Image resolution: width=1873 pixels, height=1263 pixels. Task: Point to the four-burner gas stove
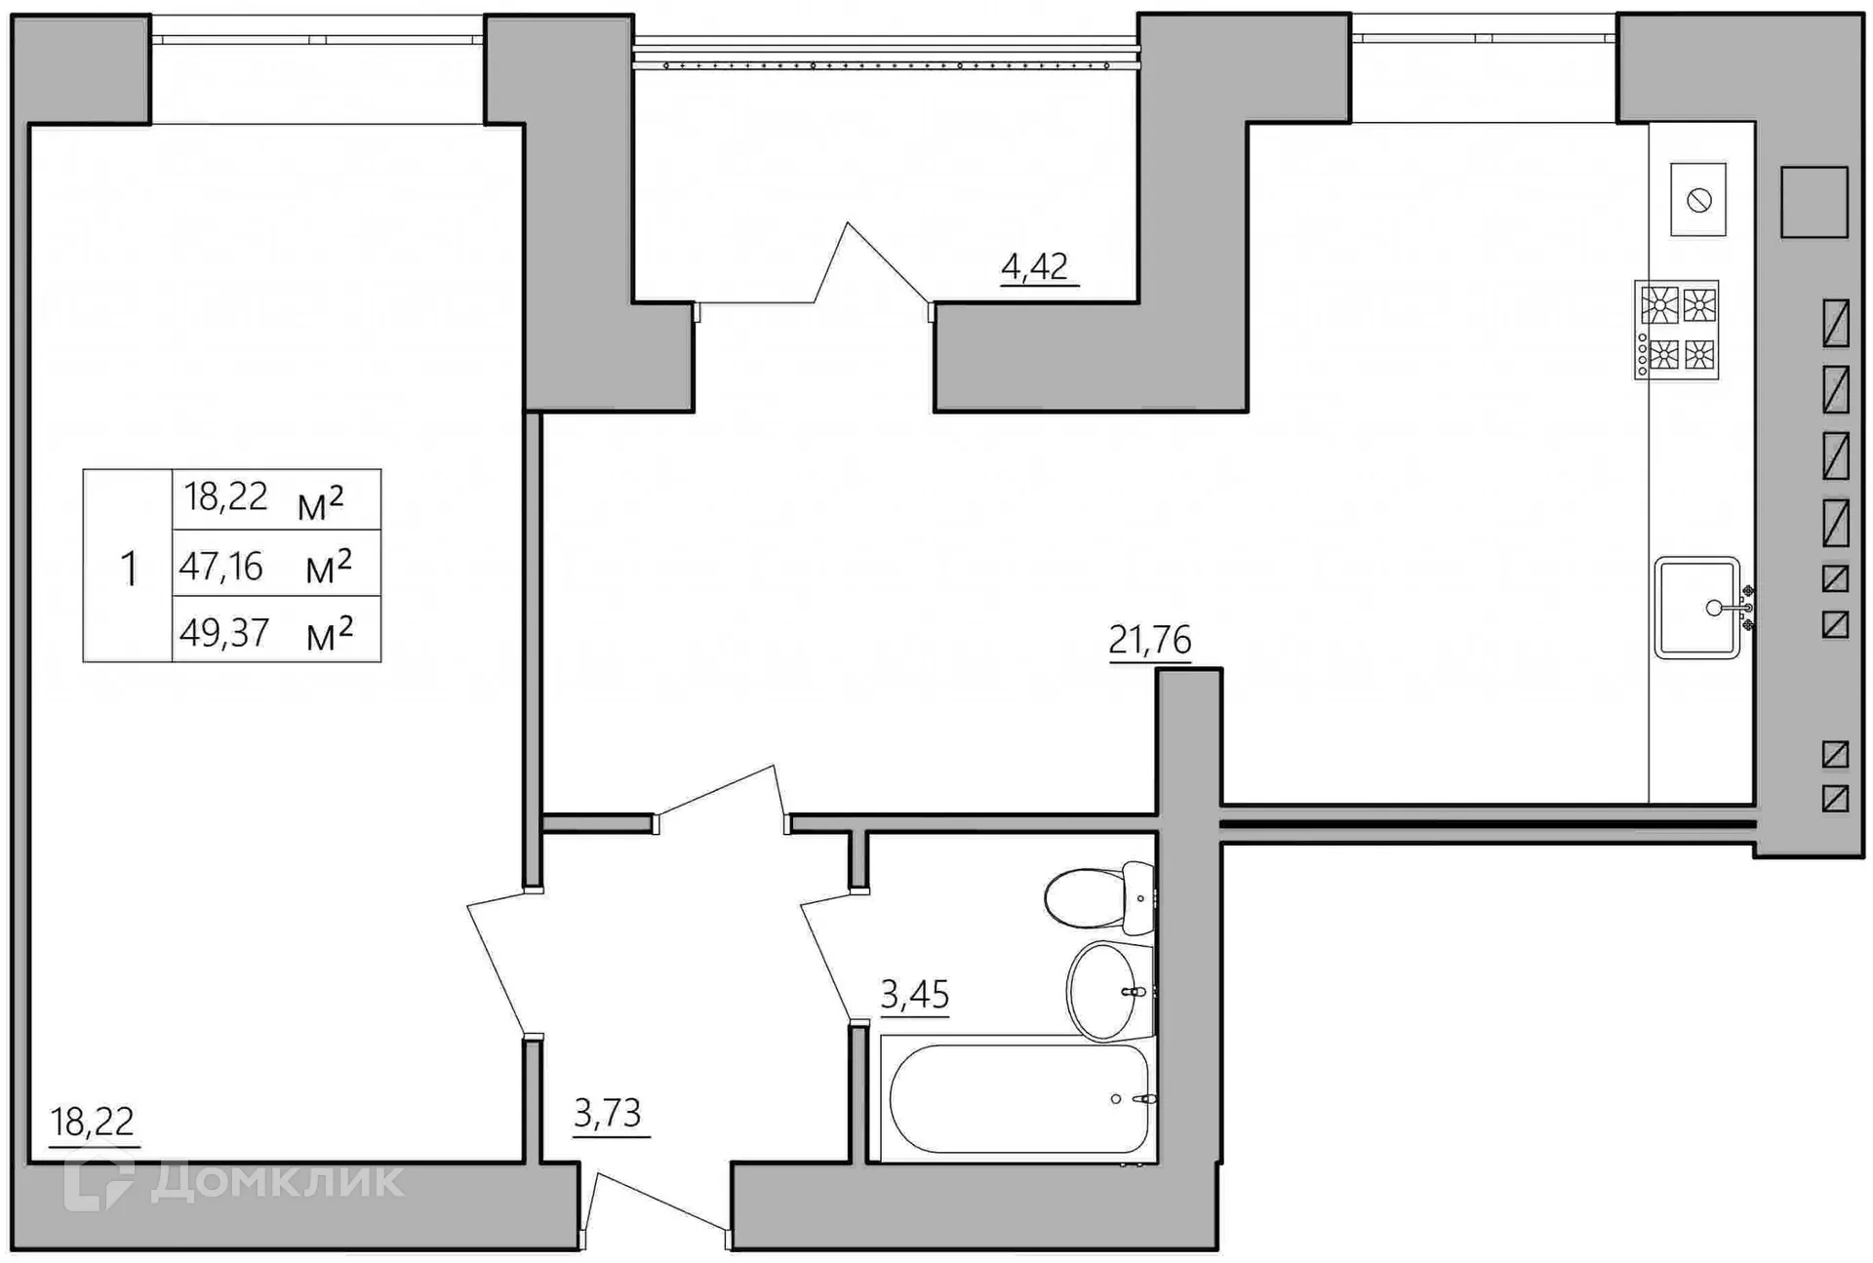pyautogui.click(x=1677, y=330)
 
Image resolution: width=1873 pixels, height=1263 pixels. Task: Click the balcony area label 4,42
pyautogui.click(x=1035, y=266)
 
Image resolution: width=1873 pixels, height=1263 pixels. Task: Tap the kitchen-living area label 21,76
pyautogui.click(x=1149, y=640)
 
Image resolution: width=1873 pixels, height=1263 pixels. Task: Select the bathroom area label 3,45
pyautogui.click(x=914, y=995)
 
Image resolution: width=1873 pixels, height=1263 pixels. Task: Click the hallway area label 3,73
pyautogui.click(x=607, y=1113)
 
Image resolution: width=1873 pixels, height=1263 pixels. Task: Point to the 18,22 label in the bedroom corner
pyautogui.click(x=92, y=1123)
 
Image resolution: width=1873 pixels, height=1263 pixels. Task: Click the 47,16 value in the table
pyautogui.click(x=221, y=566)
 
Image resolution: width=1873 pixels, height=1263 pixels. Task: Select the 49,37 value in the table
pyautogui.click(x=224, y=632)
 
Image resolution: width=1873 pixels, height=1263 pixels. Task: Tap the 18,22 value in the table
pyautogui.click(x=226, y=497)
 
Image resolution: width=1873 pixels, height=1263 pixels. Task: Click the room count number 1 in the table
pyautogui.click(x=128, y=568)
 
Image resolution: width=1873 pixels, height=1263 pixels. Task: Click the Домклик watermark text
pyautogui.click(x=277, y=1181)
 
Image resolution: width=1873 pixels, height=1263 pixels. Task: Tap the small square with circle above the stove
pyautogui.click(x=1698, y=200)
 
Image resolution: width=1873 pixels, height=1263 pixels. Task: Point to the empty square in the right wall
pyautogui.click(x=1813, y=202)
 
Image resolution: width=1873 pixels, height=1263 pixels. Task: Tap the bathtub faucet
pyautogui.click(x=1143, y=1099)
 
